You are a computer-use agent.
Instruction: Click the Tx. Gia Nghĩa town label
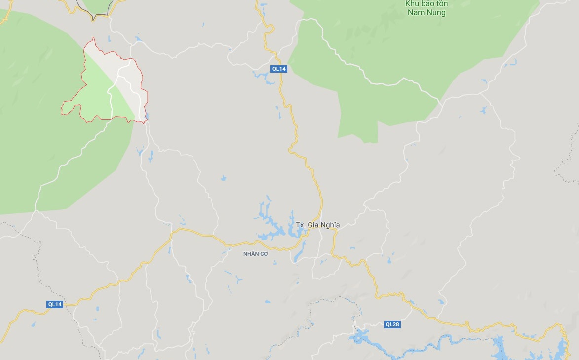tap(317, 225)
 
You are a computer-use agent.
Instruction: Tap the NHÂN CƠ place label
tap(255, 254)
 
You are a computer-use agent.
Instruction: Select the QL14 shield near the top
tap(279, 69)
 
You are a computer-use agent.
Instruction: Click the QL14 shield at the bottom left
tap(55, 304)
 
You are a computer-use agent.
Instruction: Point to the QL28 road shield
tap(392, 324)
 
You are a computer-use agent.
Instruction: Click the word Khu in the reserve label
tap(412, 4)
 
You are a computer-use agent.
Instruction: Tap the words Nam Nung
tap(427, 13)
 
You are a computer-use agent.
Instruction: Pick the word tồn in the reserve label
tap(442, 4)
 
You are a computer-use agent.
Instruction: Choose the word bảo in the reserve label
tap(427, 4)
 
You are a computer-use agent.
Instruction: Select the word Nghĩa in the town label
tap(330, 225)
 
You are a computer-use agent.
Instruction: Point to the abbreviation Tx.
tap(300, 225)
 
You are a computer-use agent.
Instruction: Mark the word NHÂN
tap(250, 254)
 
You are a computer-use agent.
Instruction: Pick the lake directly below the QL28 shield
tap(365, 338)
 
